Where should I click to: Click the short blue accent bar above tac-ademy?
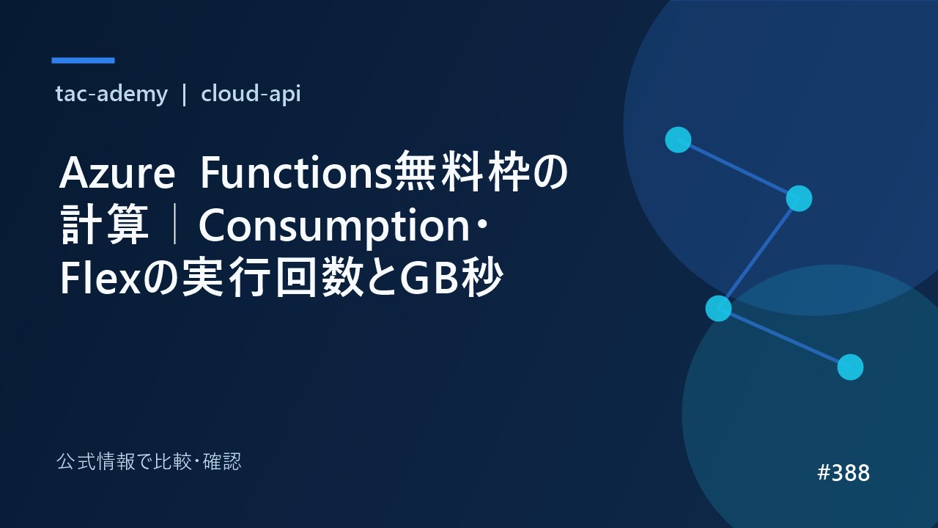click(83, 60)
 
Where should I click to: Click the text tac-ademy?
click(111, 94)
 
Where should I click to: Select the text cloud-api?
click(251, 94)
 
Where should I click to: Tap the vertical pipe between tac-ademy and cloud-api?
click(184, 95)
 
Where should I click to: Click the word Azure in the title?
click(117, 173)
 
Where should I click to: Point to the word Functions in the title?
click(297, 172)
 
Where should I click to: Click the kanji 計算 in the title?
click(104, 224)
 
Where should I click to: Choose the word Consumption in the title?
click(335, 227)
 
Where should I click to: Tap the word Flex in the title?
click(100, 278)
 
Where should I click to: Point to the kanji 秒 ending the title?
click(481, 277)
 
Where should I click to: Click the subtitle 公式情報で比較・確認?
click(149, 461)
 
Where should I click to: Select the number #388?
click(843, 473)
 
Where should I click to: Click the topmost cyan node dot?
click(678, 139)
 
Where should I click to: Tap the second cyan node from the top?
click(799, 199)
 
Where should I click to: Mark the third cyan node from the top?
click(719, 309)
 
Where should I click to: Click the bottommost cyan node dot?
click(851, 367)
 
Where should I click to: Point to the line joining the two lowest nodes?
click(784, 338)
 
